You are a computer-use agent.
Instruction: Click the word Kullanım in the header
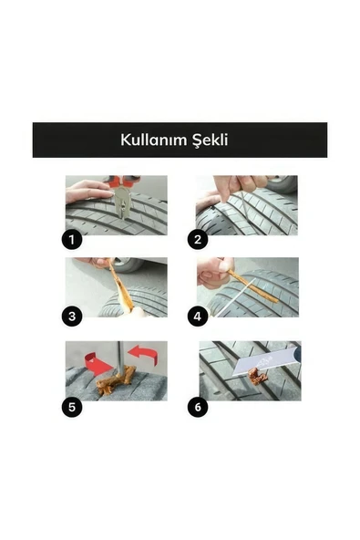pyautogui.click(x=154, y=140)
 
